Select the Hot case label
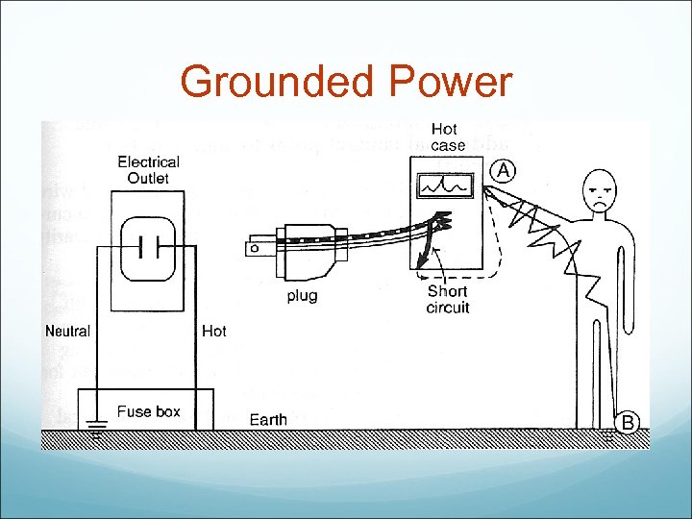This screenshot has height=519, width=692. pyautogui.click(x=446, y=137)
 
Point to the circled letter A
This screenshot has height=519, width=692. pyautogui.click(x=505, y=170)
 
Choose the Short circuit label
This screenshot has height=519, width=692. pyautogui.click(x=448, y=299)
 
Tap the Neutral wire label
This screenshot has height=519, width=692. pyautogui.click(x=67, y=331)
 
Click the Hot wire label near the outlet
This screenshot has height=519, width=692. pyautogui.click(x=213, y=331)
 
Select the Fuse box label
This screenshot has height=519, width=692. pyautogui.click(x=149, y=411)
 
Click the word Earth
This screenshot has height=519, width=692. pyautogui.click(x=268, y=419)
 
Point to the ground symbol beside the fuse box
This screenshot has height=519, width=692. pyautogui.click(x=95, y=430)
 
